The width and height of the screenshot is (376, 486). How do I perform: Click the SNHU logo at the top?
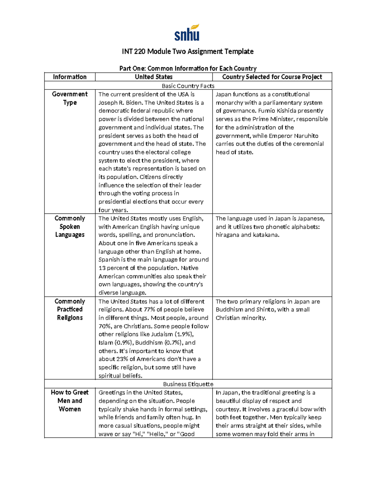[187, 33]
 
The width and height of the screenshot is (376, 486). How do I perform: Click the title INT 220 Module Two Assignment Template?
[188, 51]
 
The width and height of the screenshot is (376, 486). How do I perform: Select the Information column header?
[70, 77]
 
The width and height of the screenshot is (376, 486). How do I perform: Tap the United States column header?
[154, 77]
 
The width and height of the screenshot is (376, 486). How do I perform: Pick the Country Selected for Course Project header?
[272, 77]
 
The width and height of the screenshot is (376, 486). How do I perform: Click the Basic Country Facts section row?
[188, 86]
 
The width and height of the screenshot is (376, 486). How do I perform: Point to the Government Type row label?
[70, 98]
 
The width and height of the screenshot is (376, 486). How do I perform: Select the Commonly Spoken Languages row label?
[70, 227]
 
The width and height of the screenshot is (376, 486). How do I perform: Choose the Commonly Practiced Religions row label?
[70, 310]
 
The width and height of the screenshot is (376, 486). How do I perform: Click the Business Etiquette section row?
[188, 384]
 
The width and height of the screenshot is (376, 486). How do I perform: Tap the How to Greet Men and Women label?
[70, 401]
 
